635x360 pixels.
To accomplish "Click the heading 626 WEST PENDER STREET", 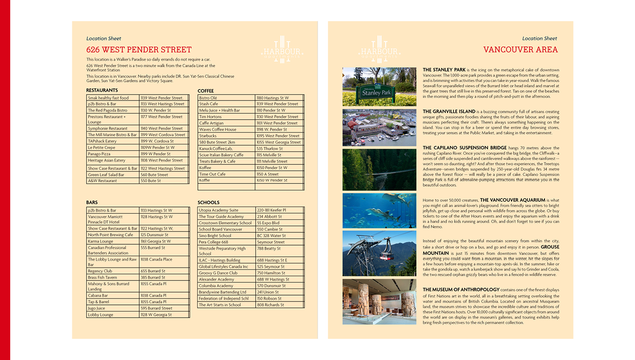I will [x=139, y=50].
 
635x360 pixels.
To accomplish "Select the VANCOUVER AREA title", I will [x=520, y=49].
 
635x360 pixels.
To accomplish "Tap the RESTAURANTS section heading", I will [x=102, y=90].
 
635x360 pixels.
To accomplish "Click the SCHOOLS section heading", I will [x=208, y=203].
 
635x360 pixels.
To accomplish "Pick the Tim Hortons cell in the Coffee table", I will [x=211, y=116].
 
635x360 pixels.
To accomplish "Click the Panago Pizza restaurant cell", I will [x=99, y=154].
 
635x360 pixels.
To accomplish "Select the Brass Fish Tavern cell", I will [x=102, y=277].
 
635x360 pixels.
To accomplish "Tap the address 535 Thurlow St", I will [x=270, y=149].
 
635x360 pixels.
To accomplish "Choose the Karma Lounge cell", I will [x=101, y=241].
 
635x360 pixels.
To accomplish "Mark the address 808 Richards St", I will [x=270, y=305].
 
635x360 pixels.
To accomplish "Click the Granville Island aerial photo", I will [x=379, y=127].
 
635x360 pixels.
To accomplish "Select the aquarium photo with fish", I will [x=379, y=210].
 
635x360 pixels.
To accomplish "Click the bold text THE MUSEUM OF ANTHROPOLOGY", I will [x=458, y=289].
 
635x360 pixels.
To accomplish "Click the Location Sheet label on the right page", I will [x=539, y=38].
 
